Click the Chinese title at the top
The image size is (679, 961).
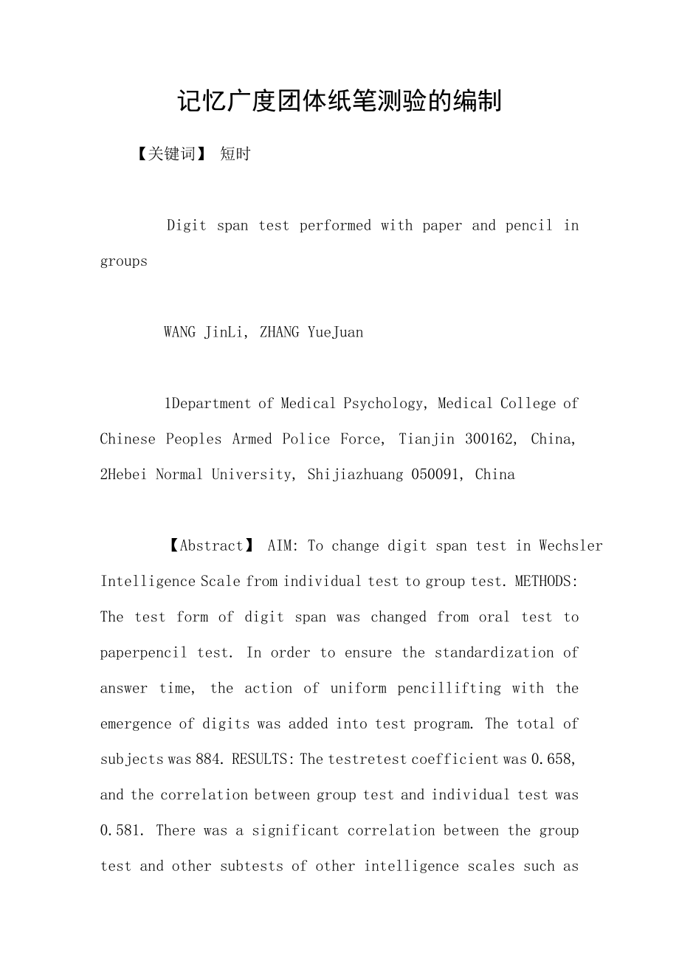coord(339,101)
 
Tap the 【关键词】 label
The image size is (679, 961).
coord(172,154)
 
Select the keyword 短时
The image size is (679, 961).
coord(235,154)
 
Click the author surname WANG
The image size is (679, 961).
coord(180,332)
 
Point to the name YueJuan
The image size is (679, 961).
coord(335,332)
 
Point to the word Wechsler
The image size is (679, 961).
coord(571,545)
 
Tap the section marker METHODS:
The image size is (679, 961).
coord(547,581)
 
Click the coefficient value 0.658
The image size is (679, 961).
coord(553,759)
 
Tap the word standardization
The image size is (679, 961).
coord(494,652)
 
